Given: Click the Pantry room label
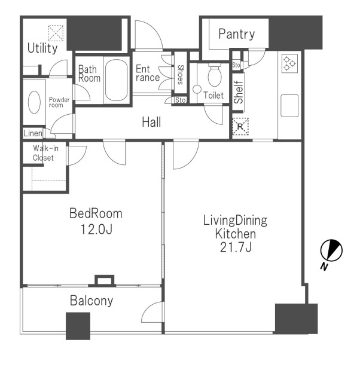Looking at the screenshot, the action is pyautogui.click(x=237, y=35).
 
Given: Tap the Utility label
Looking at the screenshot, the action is pyautogui.click(x=42, y=48).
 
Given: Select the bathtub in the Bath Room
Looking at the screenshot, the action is pyautogui.click(x=116, y=80).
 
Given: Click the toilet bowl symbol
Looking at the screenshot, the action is pyautogui.click(x=215, y=75).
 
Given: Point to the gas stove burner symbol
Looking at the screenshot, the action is pyautogui.click(x=289, y=63).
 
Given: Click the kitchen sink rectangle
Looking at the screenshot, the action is pyautogui.click(x=289, y=106).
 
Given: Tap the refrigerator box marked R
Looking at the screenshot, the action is pyautogui.click(x=240, y=127).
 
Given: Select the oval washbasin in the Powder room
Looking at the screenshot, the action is pyautogui.click(x=34, y=102).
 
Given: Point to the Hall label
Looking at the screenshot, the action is pyautogui.click(x=151, y=122).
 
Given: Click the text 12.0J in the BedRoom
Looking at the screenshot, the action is pyautogui.click(x=96, y=229).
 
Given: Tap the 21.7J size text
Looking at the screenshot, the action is pyautogui.click(x=236, y=247).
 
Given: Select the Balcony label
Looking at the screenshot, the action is pyautogui.click(x=91, y=301).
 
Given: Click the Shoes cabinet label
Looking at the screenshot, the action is pyautogui.click(x=181, y=75).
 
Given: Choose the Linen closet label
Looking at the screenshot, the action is pyautogui.click(x=33, y=133).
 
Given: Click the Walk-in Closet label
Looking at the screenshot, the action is pyautogui.click(x=45, y=153).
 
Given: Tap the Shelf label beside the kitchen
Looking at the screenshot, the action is pyautogui.click(x=238, y=92).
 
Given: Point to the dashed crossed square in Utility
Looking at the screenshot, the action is pyautogui.click(x=56, y=33).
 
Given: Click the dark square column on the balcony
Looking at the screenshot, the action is pyautogui.click(x=78, y=326).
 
